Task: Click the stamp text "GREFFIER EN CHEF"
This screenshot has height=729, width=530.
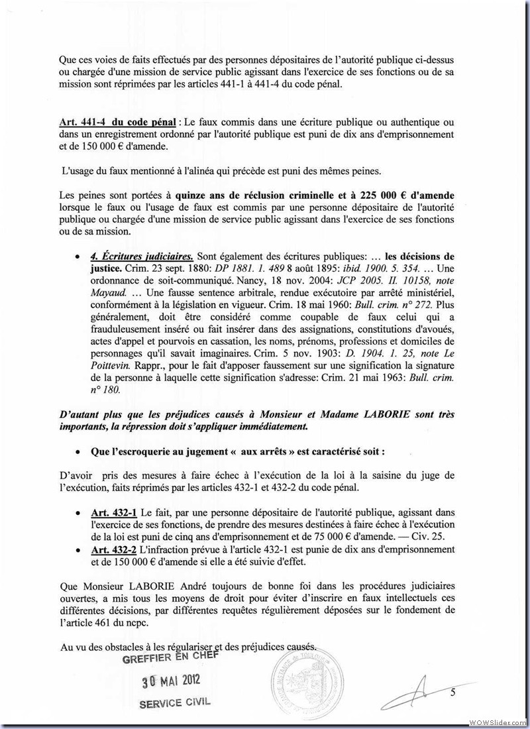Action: (x=171, y=657)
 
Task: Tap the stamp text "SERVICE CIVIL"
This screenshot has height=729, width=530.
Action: (x=176, y=704)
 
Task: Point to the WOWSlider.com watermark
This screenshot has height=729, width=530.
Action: (x=499, y=721)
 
